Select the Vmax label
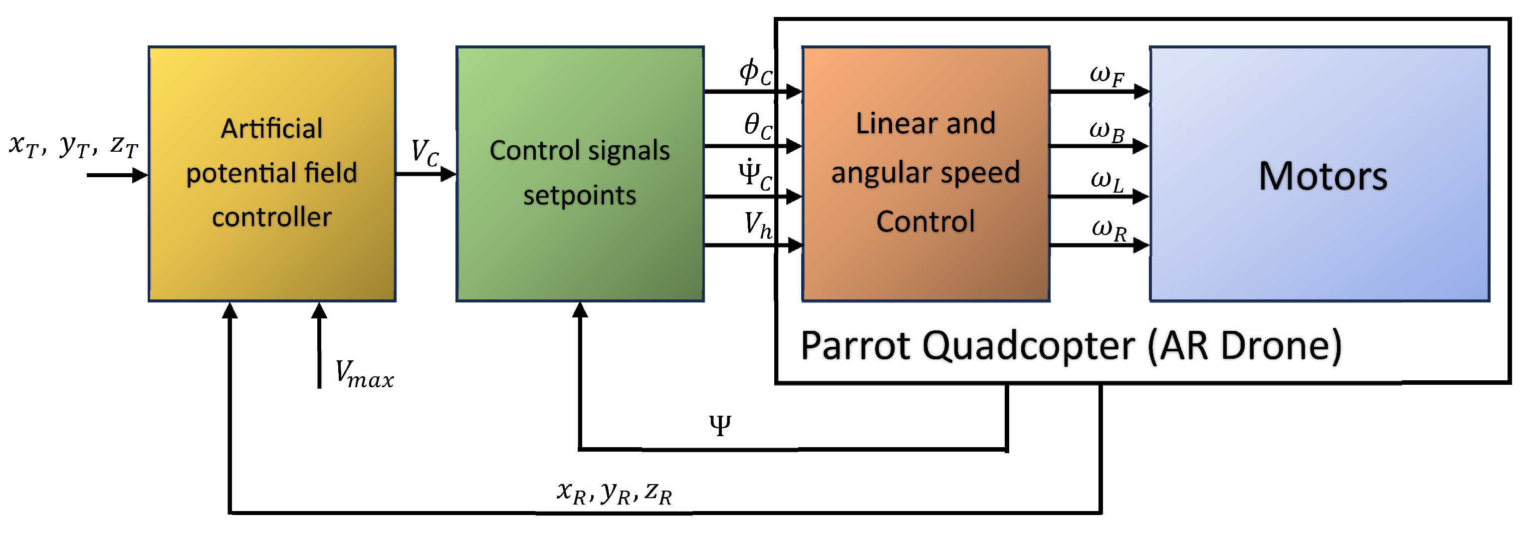pos(364,375)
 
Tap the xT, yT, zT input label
pos(73,145)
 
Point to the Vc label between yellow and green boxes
pos(425,153)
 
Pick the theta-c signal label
pos(757,126)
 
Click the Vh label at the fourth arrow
pos(757,225)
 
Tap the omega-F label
pos(1106,76)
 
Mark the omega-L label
pos(1106,181)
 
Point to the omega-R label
pos(1108,230)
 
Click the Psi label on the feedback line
pos(720,426)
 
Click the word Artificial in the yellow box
pos(272,129)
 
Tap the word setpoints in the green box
pos(579,196)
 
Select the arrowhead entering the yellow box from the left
pos(141,175)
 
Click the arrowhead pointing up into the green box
pos(580,310)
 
